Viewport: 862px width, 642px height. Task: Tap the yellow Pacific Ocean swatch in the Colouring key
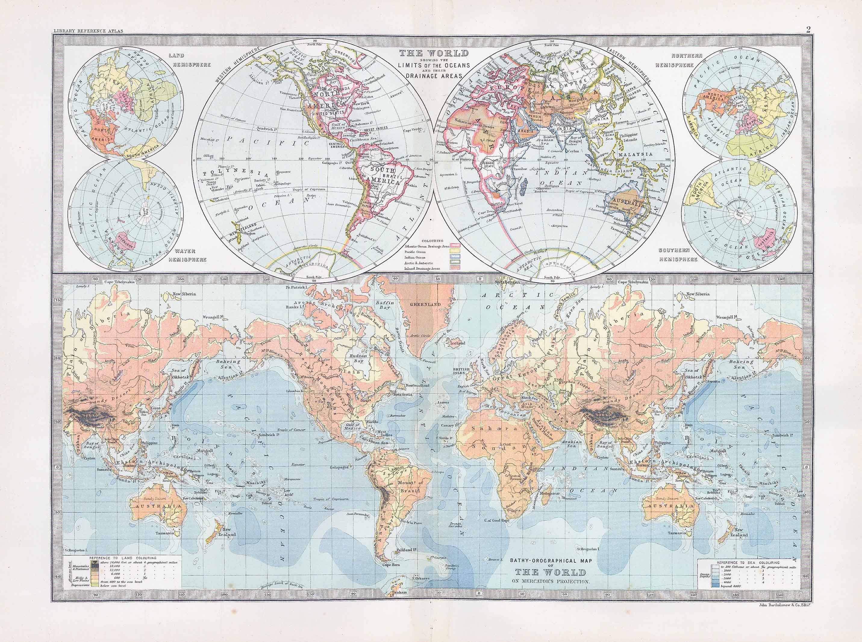coord(454,252)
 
